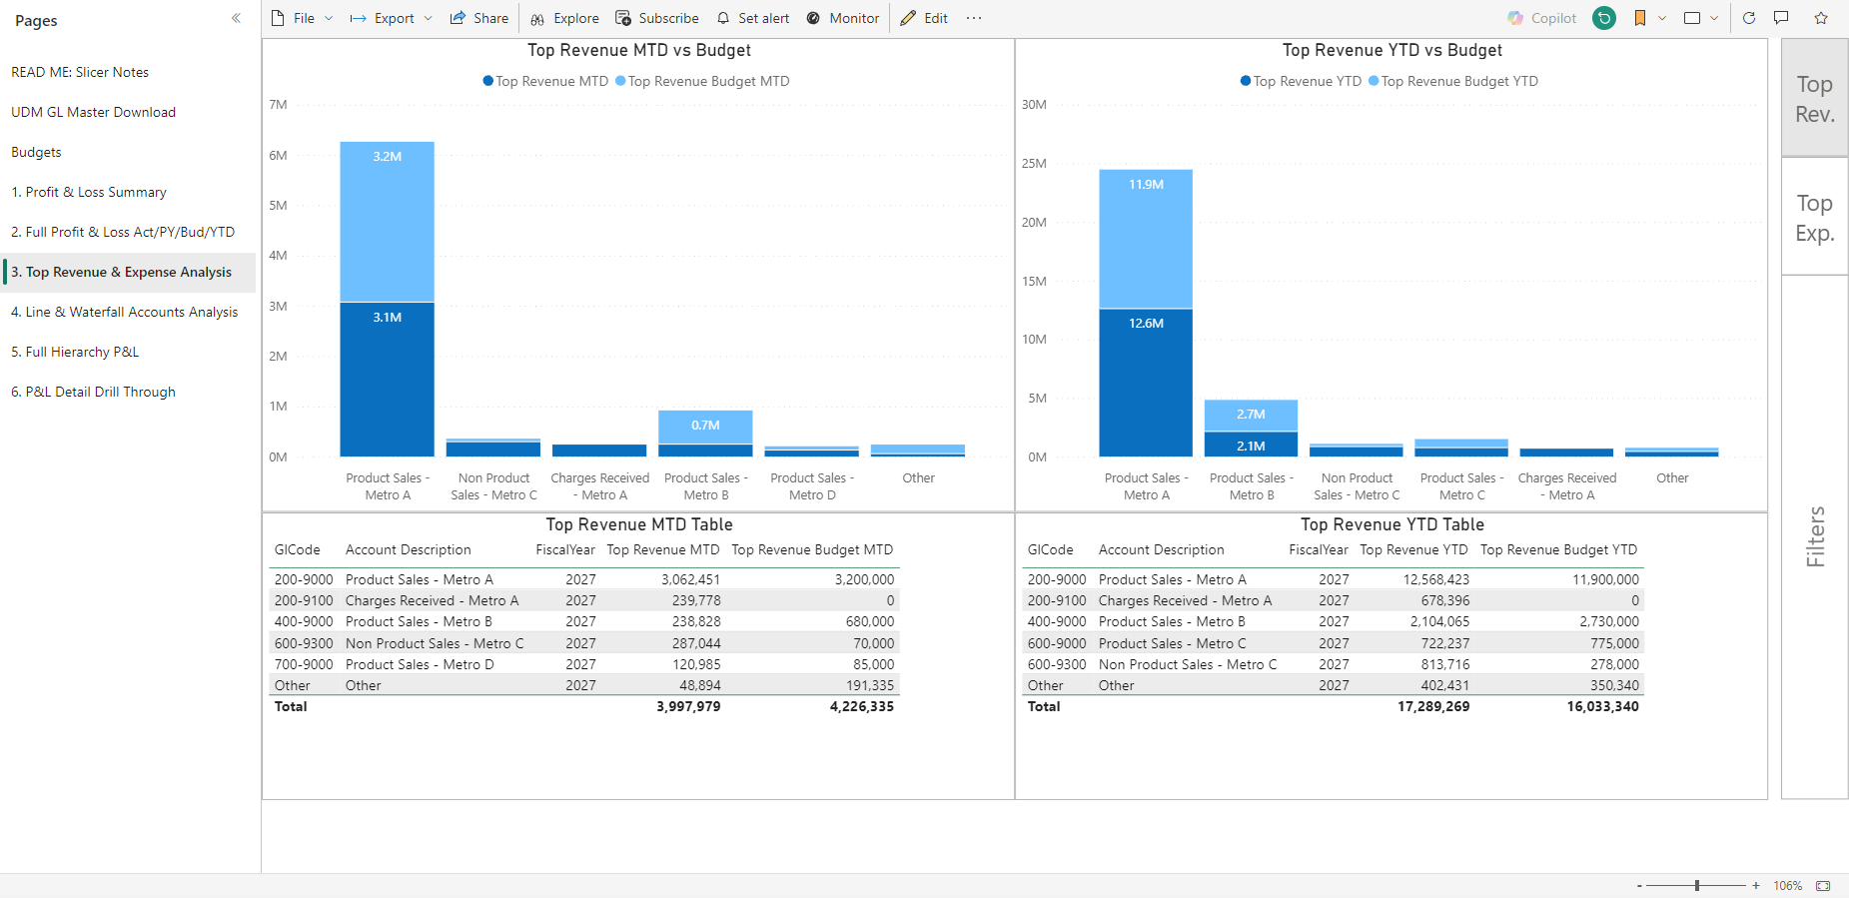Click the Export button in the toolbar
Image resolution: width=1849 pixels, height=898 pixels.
click(x=391, y=18)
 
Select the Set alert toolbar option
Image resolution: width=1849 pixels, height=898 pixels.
click(x=752, y=18)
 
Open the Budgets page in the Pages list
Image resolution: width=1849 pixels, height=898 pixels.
click(x=36, y=152)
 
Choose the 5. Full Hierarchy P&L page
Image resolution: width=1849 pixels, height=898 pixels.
click(x=75, y=352)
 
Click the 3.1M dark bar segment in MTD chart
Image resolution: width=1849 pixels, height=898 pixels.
click(x=387, y=380)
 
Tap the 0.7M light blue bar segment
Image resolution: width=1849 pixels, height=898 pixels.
click(x=705, y=427)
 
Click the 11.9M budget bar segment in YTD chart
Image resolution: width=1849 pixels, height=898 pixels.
click(x=1146, y=239)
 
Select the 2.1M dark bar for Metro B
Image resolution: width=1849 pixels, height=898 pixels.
click(x=1251, y=445)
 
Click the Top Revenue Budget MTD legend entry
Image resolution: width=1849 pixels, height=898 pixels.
click(x=702, y=81)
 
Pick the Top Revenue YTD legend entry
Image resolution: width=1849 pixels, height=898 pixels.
click(x=1301, y=81)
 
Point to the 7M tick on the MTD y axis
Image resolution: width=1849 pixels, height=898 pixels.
click(x=278, y=105)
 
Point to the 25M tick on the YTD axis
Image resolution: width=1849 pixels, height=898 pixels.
click(x=1034, y=164)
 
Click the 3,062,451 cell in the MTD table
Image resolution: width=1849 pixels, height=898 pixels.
click(x=690, y=579)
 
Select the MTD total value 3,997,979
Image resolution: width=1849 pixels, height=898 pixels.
click(x=688, y=706)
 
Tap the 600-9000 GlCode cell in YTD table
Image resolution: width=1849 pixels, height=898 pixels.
click(x=1057, y=643)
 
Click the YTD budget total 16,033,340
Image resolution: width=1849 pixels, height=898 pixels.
click(x=1602, y=706)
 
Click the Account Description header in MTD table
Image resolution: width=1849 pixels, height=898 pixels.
click(x=408, y=549)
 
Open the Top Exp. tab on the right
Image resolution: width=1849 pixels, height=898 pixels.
click(x=1814, y=217)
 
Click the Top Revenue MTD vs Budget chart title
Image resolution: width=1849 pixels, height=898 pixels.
click(x=639, y=50)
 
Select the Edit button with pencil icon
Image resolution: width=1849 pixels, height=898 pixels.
click(x=924, y=18)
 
